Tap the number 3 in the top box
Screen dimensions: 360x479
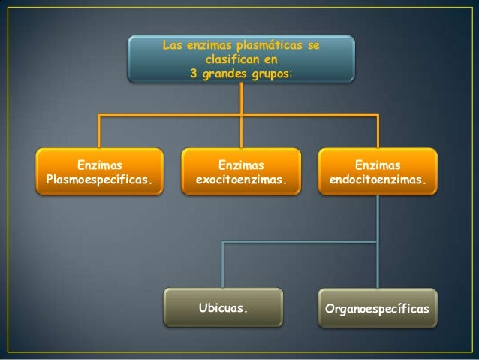click(x=194, y=74)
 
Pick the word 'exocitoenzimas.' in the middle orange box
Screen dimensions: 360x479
click(x=241, y=180)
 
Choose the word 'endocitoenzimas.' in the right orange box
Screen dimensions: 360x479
click(x=377, y=180)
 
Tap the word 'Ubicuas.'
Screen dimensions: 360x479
click(x=222, y=307)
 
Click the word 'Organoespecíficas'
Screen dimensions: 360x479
click(x=377, y=309)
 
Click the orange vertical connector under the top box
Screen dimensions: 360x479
click(x=240, y=98)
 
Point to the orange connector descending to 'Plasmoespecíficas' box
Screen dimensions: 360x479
click(x=101, y=132)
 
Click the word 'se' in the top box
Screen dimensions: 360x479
click(x=313, y=47)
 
